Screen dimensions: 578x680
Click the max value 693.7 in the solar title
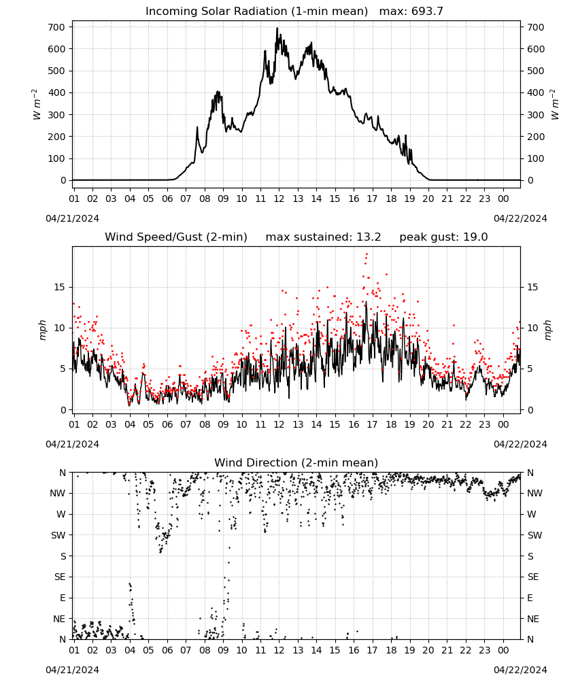coord(428,12)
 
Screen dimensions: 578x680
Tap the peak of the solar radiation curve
coord(277,28)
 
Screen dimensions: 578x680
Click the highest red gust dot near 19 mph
coord(367,254)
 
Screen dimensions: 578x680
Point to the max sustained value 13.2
coord(369,237)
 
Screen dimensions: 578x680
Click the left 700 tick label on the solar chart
coord(56,27)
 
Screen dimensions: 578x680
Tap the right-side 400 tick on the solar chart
coord(536,92)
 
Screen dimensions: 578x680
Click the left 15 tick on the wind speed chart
coord(60,287)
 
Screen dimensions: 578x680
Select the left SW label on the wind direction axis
coord(58,535)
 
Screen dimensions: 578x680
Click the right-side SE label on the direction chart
coord(533,577)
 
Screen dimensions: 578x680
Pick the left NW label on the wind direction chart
coord(58,493)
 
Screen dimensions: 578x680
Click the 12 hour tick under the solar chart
coord(279,199)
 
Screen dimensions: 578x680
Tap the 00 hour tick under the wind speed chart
coord(503,424)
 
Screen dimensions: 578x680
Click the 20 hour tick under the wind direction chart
coord(428,650)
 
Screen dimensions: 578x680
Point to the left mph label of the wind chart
coord(42,330)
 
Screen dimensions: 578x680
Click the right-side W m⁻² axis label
coord(555,105)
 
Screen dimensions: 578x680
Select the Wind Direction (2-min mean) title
coord(296,462)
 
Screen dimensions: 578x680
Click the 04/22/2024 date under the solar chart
coord(520,218)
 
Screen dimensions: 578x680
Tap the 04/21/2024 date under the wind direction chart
coord(72,670)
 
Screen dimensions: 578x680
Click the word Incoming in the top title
coord(167,12)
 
